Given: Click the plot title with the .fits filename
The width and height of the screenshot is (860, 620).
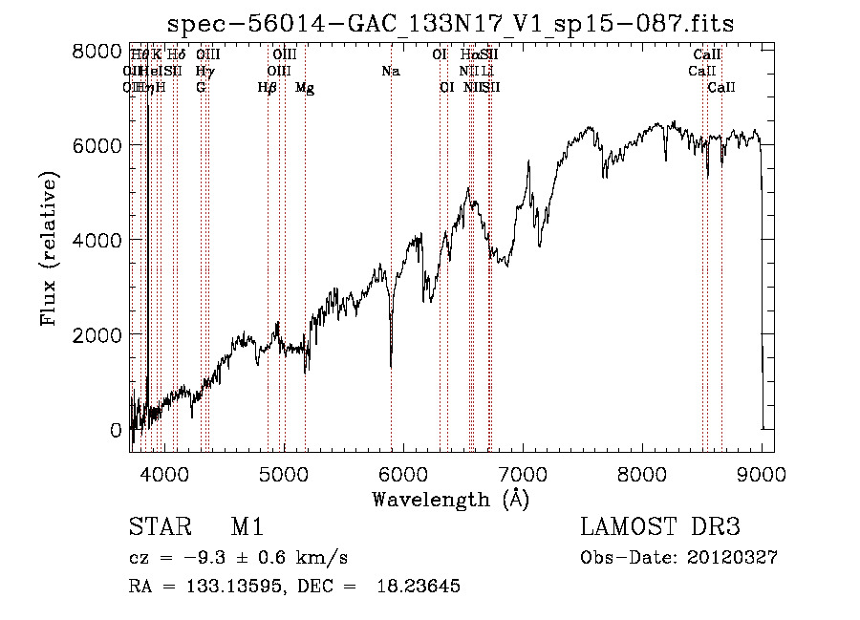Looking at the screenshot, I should point(450,24).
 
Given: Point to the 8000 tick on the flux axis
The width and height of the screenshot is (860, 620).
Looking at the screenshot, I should point(97,51).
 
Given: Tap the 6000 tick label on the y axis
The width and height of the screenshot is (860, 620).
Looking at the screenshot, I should point(97,145).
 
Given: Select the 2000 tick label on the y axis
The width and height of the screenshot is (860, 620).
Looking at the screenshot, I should point(97,334).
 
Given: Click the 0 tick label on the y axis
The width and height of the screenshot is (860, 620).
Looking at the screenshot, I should point(116,430).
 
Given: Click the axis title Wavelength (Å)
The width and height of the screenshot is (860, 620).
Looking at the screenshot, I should point(450,499).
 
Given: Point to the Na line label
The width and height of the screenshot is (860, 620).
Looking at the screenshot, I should point(390,72).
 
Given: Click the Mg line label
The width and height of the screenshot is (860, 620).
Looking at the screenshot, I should point(305,88).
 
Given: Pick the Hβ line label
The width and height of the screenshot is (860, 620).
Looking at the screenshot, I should point(268,88).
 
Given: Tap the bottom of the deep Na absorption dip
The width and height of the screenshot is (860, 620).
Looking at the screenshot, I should point(391,365).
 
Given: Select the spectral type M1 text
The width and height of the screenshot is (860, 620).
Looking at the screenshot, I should point(247,528).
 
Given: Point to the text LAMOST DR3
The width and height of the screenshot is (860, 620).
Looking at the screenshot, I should point(660,528).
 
